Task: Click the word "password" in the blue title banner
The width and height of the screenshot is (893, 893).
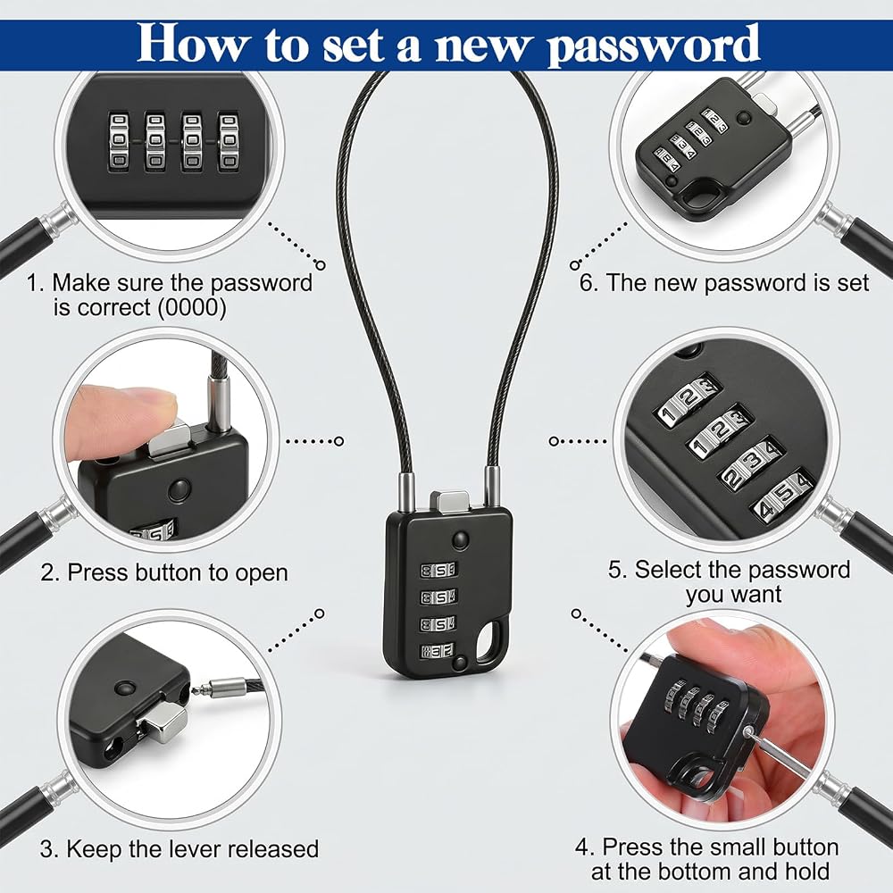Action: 654,46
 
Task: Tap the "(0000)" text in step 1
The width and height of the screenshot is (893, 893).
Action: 192,307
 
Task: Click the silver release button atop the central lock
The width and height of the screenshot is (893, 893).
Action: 449,501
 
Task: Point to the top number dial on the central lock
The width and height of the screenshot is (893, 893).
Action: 438,570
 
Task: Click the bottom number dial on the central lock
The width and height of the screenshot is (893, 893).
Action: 438,651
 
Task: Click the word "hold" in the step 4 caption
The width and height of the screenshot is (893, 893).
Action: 806,872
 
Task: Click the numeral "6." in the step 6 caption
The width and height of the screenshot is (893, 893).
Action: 588,283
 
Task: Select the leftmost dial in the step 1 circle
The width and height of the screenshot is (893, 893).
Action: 119,141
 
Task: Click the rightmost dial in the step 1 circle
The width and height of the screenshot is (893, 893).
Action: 228,141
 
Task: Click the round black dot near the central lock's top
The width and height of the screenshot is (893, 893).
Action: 460,538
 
